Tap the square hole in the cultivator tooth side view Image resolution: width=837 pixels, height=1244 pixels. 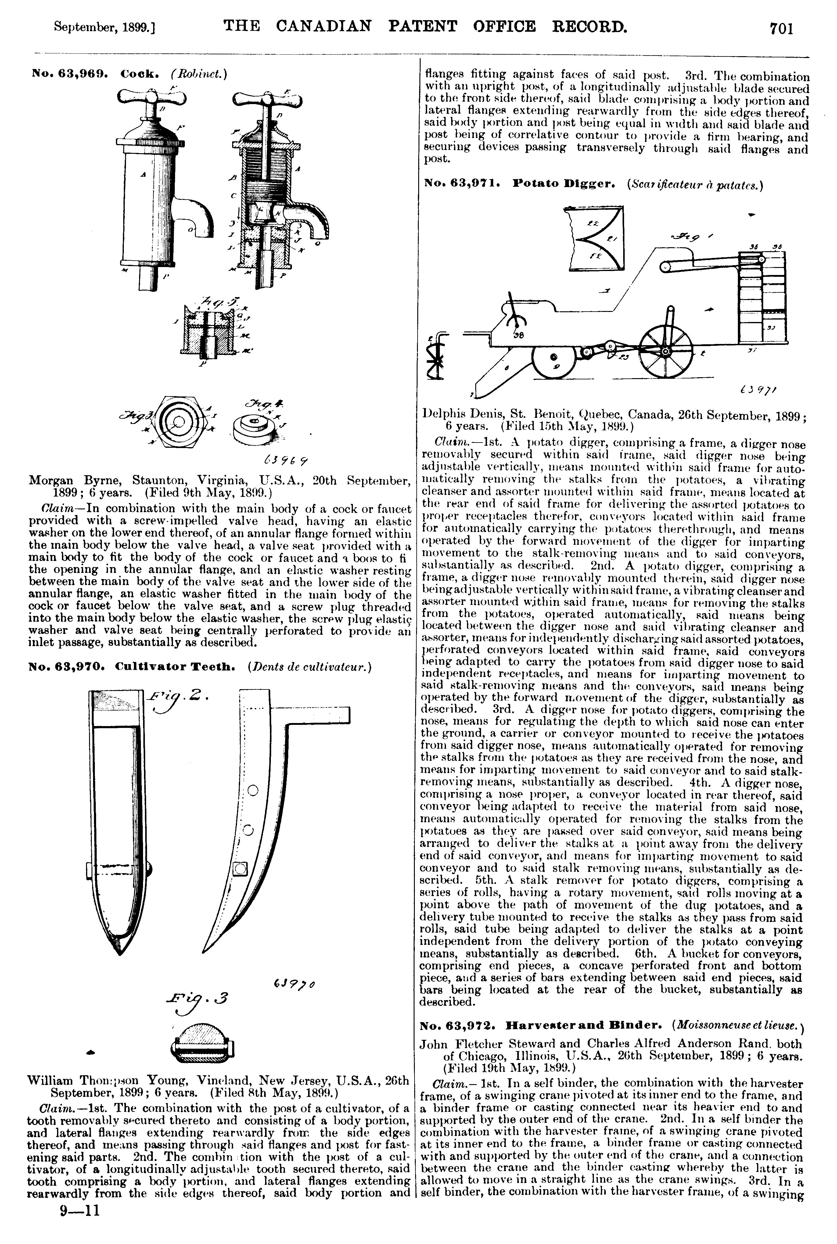[x=240, y=869]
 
